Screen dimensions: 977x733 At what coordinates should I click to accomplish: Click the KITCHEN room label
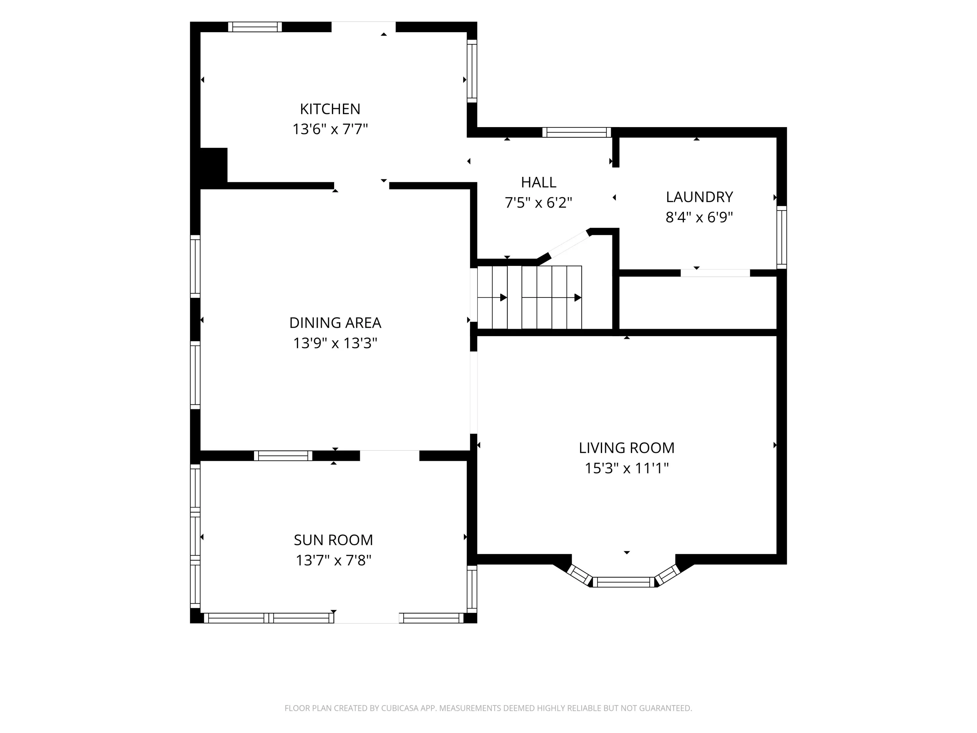(x=330, y=109)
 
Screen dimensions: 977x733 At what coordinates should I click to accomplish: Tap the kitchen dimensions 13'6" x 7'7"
(x=330, y=129)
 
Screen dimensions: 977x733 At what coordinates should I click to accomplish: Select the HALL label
(x=538, y=182)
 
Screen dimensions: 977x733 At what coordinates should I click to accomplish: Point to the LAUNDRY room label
(x=699, y=197)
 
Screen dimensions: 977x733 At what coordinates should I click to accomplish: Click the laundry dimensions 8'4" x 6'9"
(x=699, y=217)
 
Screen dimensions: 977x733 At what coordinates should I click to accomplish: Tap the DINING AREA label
(x=335, y=323)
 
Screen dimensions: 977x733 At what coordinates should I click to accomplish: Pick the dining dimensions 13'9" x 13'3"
(x=335, y=343)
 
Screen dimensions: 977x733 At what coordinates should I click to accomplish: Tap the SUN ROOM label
(x=333, y=540)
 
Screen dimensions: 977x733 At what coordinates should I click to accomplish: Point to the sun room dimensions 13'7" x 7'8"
(x=333, y=560)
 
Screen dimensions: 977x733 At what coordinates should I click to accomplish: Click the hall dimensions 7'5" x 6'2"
(x=538, y=202)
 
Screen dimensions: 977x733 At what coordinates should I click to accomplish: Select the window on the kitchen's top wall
(x=255, y=27)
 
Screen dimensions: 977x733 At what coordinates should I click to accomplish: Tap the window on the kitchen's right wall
(x=472, y=71)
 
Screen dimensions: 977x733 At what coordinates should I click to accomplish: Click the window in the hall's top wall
(x=576, y=132)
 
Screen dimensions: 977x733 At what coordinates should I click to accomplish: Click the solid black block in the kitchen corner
(x=214, y=165)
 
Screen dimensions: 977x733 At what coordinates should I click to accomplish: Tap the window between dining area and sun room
(x=283, y=455)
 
